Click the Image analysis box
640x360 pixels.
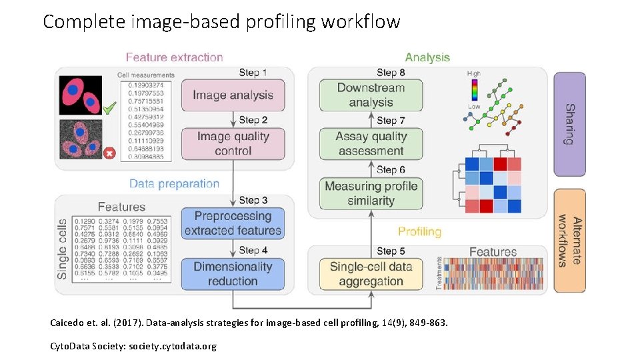point(233,95)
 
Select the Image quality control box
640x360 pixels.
point(233,143)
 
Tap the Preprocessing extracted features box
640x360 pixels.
point(233,223)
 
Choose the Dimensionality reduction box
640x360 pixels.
point(233,274)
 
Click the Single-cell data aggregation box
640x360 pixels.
point(371,274)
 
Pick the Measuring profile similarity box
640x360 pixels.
point(371,193)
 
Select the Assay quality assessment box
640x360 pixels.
point(371,143)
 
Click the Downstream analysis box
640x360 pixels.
point(371,95)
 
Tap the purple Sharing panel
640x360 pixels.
point(569,124)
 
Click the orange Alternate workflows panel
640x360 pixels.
point(569,241)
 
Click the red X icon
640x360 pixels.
point(110,154)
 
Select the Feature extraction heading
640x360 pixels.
point(174,57)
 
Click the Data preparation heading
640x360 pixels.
point(174,184)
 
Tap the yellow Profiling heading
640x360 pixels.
point(419,231)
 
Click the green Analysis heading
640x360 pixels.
point(427,57)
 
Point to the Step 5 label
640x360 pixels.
point(391,251)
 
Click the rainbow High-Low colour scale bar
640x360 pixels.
point(474,90)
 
